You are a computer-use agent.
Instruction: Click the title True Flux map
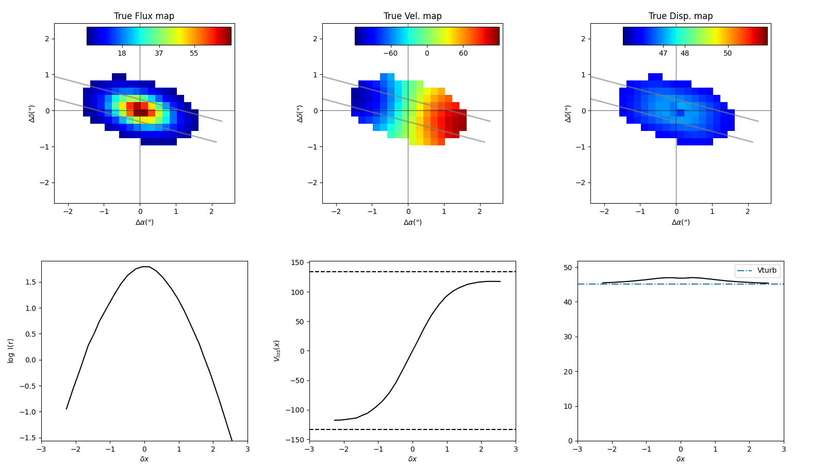144,16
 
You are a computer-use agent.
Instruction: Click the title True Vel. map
412,16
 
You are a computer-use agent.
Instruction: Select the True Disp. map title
681,16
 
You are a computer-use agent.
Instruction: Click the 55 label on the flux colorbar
194,54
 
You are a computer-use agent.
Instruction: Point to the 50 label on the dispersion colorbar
728,54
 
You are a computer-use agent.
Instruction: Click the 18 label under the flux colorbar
122,54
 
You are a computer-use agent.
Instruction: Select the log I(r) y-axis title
11,351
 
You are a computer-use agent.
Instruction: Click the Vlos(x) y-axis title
277,351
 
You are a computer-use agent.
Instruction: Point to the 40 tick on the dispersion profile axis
567,302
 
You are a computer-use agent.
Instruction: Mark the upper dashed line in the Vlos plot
412,272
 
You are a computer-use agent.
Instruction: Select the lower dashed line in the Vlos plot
412,429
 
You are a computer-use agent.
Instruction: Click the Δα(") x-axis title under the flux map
144,222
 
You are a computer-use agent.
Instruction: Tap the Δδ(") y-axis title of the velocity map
300,113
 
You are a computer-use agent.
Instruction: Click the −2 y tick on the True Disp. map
582,183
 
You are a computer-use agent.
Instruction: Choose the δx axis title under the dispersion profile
681,459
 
